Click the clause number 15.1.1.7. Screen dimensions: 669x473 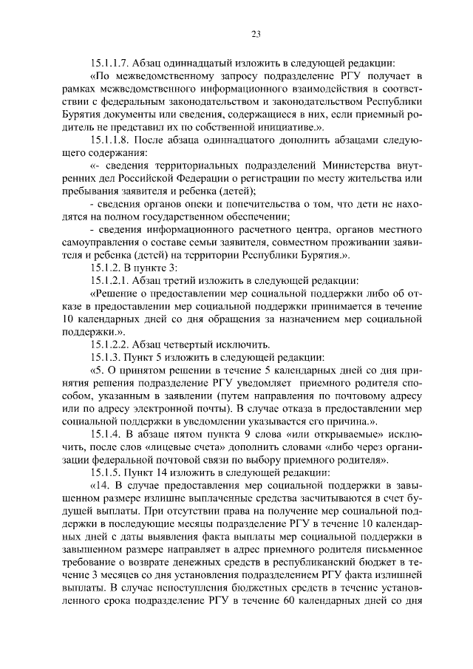point(109,62)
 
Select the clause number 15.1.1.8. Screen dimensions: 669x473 point(109,139)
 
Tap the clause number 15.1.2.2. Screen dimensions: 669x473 point(109,344)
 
